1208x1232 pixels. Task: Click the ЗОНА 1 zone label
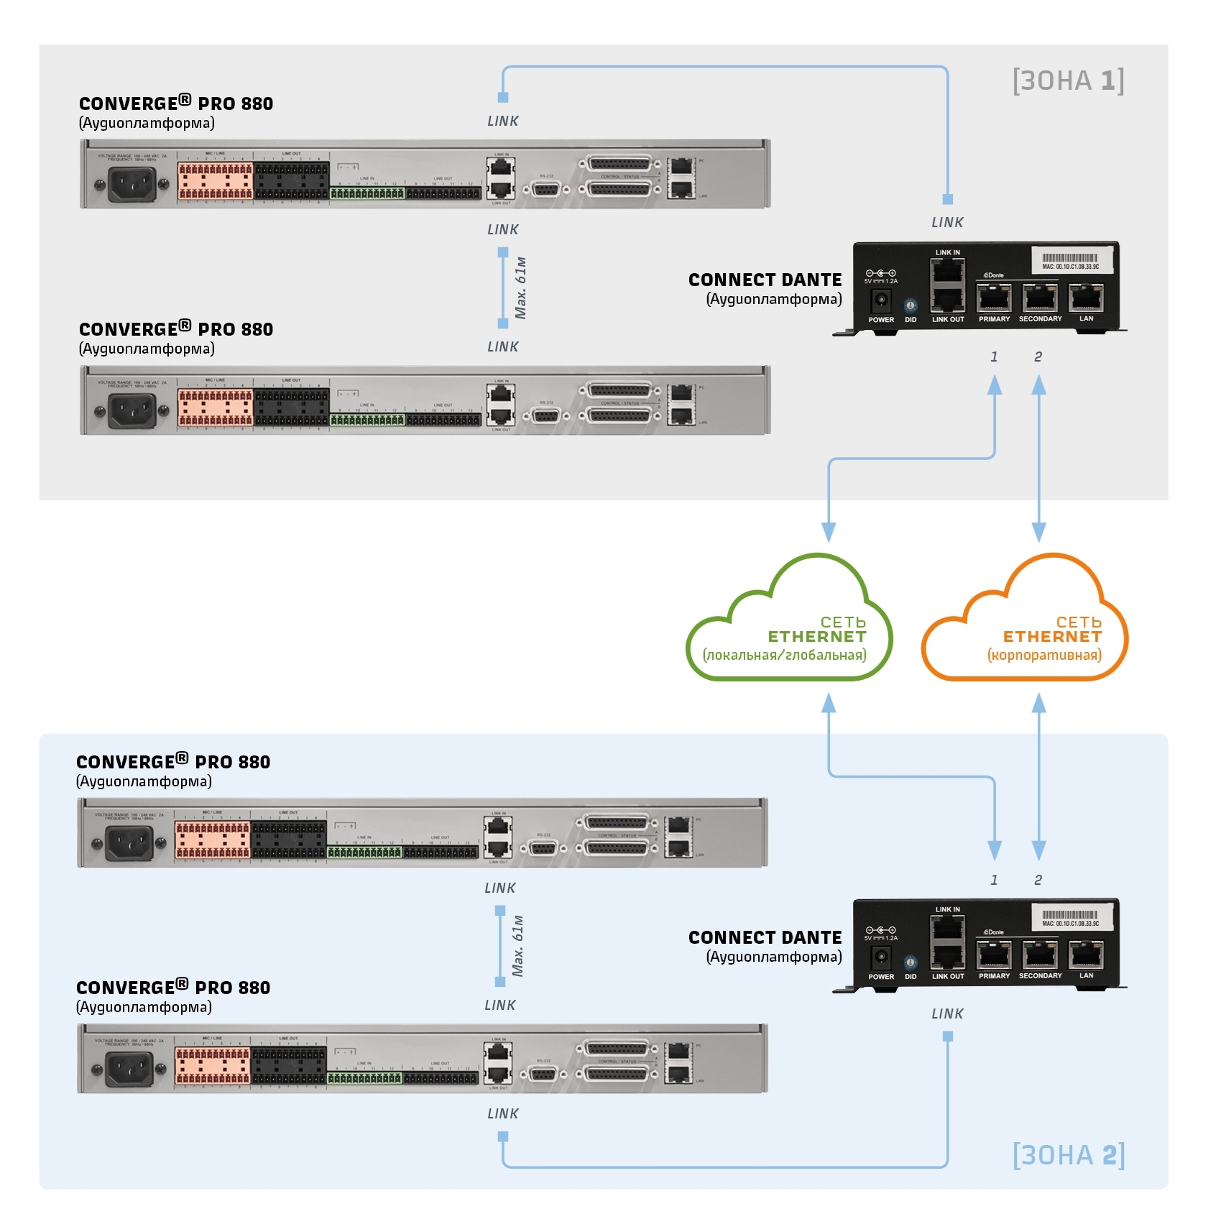(1068, 81)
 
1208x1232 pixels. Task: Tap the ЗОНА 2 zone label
(1068, 1155)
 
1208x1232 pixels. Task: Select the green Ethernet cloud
(789, 624)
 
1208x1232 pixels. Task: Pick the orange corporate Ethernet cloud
(1025, 624)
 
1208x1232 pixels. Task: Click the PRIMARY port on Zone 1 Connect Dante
(994, 298)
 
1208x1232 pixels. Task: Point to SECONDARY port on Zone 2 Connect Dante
(1040, 955)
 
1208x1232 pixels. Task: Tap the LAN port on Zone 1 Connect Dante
(1086, 297)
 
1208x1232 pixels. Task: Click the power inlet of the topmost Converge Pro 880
(132, 185)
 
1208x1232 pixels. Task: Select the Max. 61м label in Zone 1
(521, 288)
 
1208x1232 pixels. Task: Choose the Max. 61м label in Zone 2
(518, 946)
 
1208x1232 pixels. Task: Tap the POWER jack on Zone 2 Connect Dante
(881, 957)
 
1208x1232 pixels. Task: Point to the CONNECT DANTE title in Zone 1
(765, 280)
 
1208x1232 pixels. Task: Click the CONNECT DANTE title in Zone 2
(765, 938)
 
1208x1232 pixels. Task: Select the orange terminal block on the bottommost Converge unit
(213, 1065)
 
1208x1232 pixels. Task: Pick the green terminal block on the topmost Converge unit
(367, 193)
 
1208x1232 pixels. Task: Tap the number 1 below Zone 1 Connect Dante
(994, 357)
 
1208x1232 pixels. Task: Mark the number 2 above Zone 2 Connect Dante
(1038, 880)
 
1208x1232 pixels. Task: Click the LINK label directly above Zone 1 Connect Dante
(947, 223)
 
